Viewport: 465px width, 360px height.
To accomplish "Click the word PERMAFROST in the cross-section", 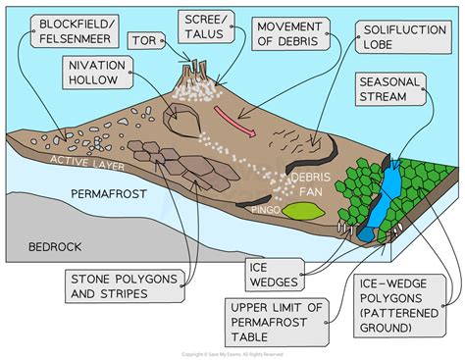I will pos(107,196).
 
